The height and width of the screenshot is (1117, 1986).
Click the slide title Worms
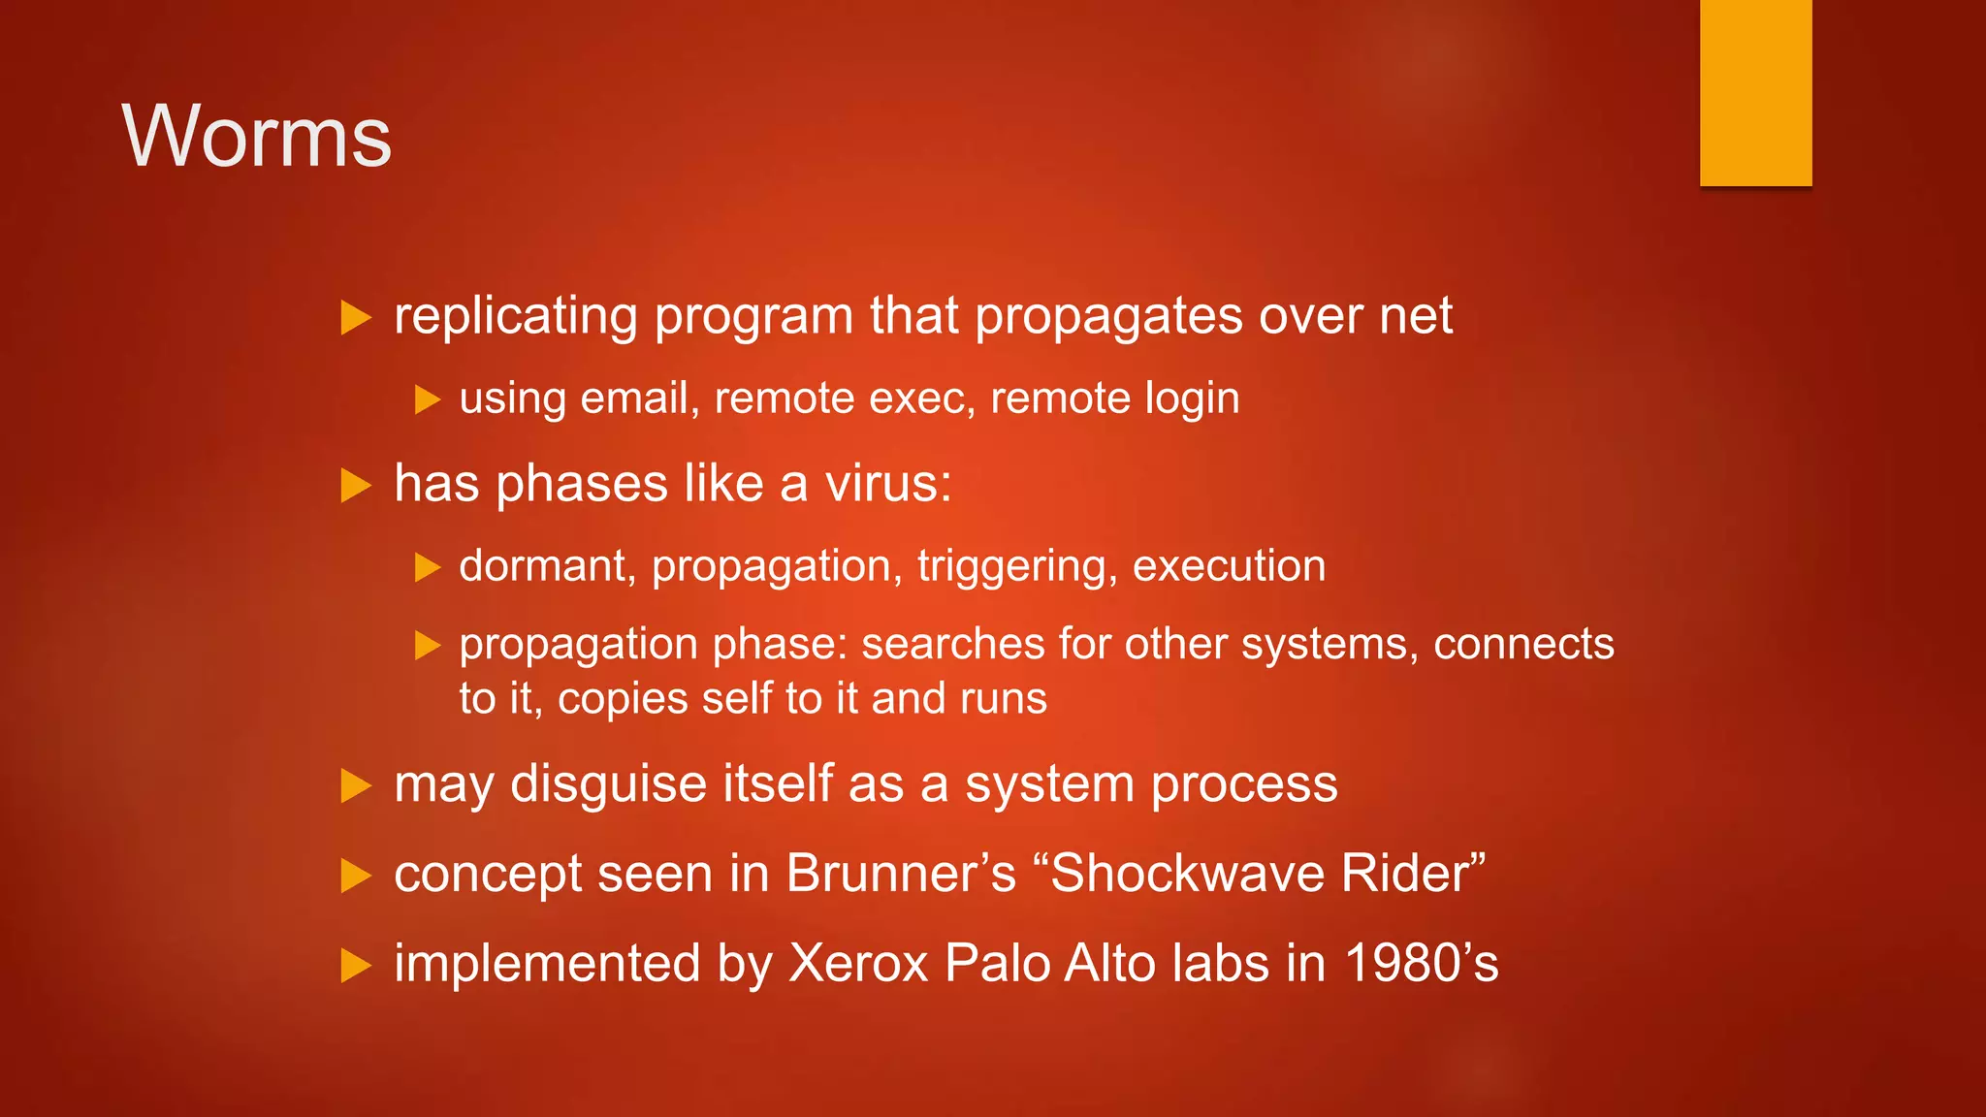pyautogui.click(x=257, y=137)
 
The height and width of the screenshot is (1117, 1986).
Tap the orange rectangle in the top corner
pyautogui.click(x=1755, y=92)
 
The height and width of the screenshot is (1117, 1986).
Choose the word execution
pyautogui.click(x=1229, y=565)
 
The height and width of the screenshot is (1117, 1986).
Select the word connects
pyautogui.click(x=1523, y=644)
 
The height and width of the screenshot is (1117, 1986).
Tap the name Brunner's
pyautogui.click(x=901, y=873)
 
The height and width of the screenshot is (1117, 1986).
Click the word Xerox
pyautogui.click(x=858, y=964)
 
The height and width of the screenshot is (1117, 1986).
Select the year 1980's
pyautogui.click(x=1422, y=964)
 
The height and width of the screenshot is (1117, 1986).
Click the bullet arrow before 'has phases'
pyautogui.click(x=356, y=485)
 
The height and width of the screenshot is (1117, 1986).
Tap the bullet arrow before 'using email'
pyautogui.click(x=428, y=399)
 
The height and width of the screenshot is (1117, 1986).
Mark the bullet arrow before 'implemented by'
pyautogui.click(x=356, y=966)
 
